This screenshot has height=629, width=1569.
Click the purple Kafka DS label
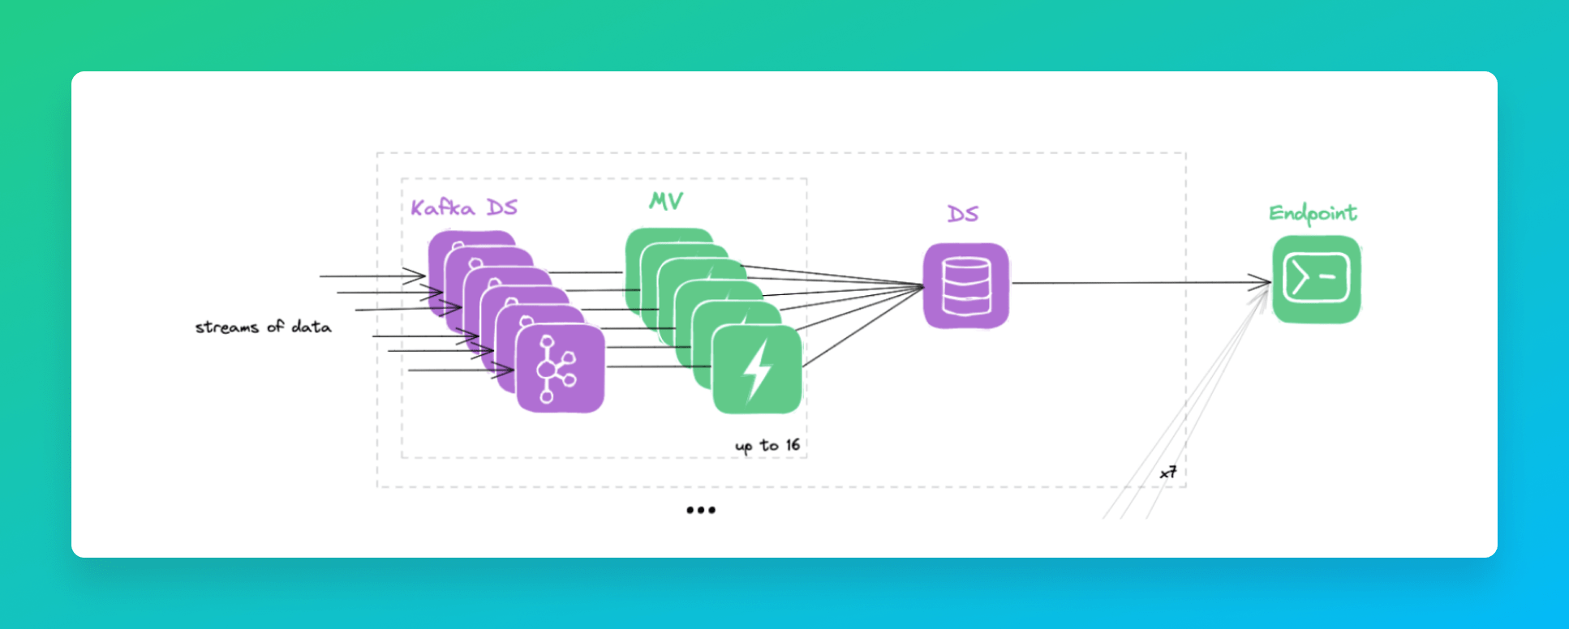(463, 208)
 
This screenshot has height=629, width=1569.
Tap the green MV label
(666, 201)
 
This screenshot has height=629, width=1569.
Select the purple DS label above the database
(963, 214)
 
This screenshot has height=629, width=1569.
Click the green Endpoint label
(1313, 213)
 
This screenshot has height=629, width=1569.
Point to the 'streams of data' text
(263, 327)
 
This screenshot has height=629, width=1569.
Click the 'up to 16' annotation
(767, 446)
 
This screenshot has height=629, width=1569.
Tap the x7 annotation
(1167, 473)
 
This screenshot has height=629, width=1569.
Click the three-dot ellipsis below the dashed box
(701, 510)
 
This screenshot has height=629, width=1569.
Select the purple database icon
(966, 286)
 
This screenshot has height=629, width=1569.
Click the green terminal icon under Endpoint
(1316, 280)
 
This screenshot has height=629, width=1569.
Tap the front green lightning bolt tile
(757, 370)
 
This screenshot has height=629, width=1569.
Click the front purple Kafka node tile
(560, 369)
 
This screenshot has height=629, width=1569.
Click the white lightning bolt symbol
(758, 370)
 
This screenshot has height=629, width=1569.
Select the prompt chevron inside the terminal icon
(1300, 278)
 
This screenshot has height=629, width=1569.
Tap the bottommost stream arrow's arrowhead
(506, 370)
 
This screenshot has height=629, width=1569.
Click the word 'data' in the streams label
(312, 327)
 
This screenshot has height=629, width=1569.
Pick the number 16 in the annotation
(792, 445)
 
